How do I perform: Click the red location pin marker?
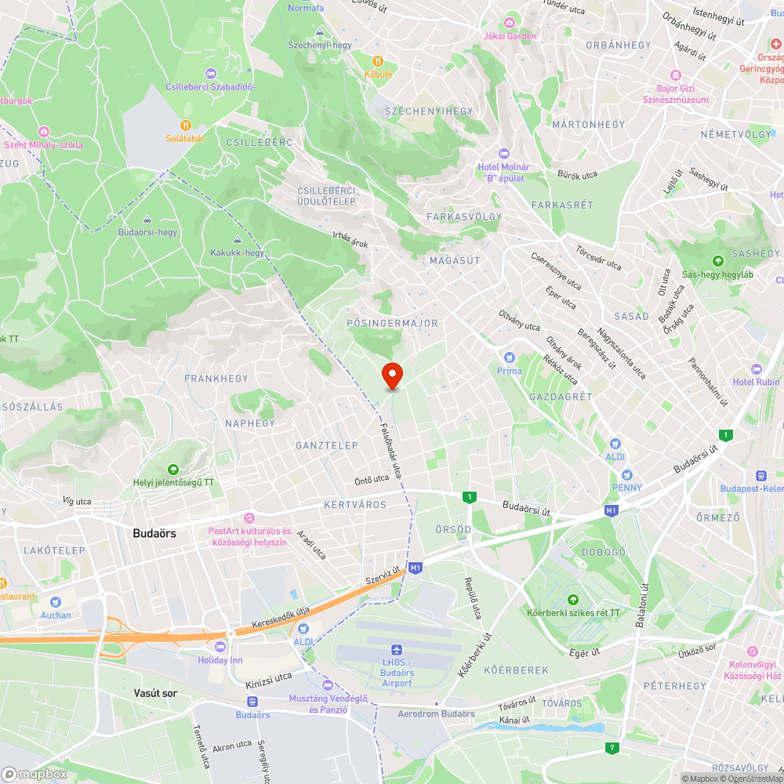[392, 375]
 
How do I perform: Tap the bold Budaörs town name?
[154, 532]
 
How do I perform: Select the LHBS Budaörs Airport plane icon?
[396, 650]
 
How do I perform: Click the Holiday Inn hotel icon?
[220, 647]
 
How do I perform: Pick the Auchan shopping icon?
[56, 601]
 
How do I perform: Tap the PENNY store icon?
[626, 474]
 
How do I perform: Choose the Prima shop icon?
[510, 358]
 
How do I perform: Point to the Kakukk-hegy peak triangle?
[237, 239]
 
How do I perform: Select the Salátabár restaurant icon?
[186, 125]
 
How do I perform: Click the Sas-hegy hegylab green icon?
[717, 261]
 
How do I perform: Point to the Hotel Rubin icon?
[756, 368]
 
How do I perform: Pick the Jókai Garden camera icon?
[510, 22]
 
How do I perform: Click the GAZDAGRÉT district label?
[561, 397]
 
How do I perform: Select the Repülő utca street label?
[472, 598]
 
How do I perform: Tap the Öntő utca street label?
[372, 478]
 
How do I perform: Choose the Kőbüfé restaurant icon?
[377, 60]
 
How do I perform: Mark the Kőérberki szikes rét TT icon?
[572, 600]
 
